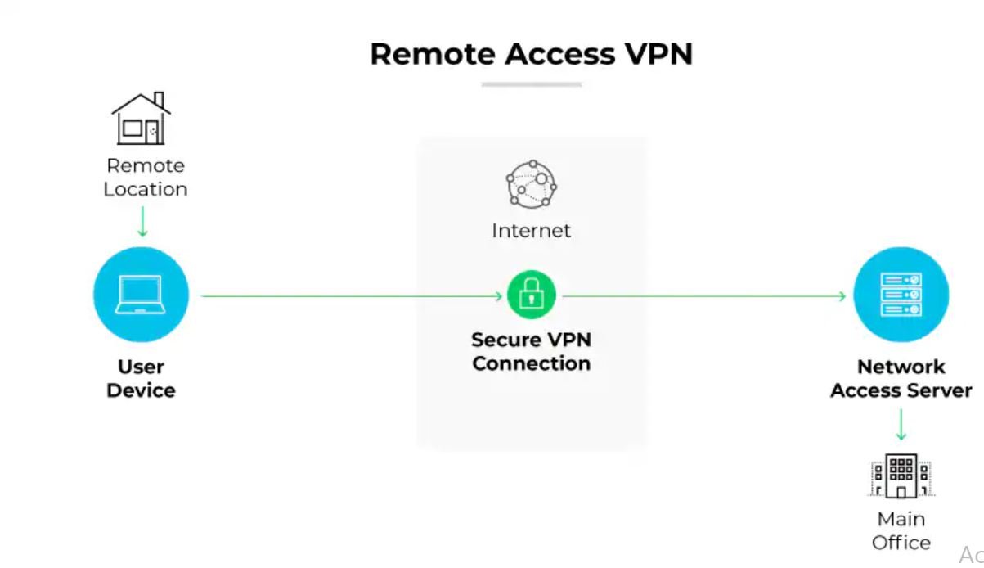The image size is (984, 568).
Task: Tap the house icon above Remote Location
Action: point(141,119)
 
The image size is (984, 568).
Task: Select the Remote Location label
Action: point(146,177)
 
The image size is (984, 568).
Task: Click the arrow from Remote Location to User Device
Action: point(143,221)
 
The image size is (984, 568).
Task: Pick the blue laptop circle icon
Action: point(141,295)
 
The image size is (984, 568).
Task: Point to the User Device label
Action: point(141,378)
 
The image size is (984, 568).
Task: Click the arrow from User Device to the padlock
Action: point(352,295)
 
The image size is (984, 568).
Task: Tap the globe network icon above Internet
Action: point(531,183)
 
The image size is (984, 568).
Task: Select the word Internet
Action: point(531,231)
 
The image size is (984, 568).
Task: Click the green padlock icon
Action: point(531,295)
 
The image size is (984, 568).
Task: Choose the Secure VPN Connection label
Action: point(531,352)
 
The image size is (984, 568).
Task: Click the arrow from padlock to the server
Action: point(703,295)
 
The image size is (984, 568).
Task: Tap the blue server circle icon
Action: point(901,295)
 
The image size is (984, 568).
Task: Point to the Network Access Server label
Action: point(901,378)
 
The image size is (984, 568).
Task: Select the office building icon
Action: point(901,476)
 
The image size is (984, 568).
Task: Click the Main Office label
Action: point(901,530)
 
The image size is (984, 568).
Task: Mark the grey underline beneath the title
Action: point(531,84)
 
